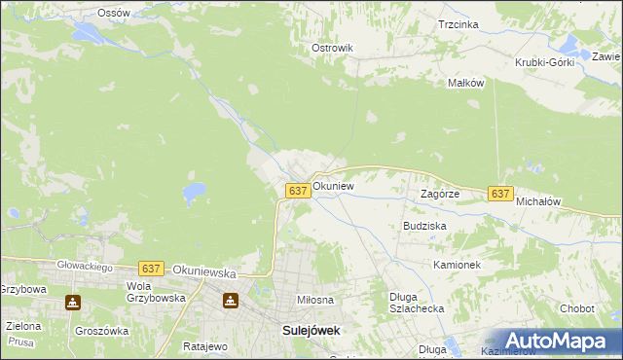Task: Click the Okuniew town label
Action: pos(333,185)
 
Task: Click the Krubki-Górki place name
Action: pos(545,62)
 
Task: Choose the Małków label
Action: pos(465,83)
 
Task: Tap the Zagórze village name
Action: pos(439,194)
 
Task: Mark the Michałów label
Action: pos(538,200)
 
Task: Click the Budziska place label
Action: pos(424,225)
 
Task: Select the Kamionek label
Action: pos(458,265)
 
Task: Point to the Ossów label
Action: pos(114,13)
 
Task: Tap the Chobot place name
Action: pos(576,308)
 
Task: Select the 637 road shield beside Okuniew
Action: pos(299,192)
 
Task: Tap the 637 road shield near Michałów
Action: pos(500,195)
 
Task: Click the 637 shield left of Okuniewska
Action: pos(150,269)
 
